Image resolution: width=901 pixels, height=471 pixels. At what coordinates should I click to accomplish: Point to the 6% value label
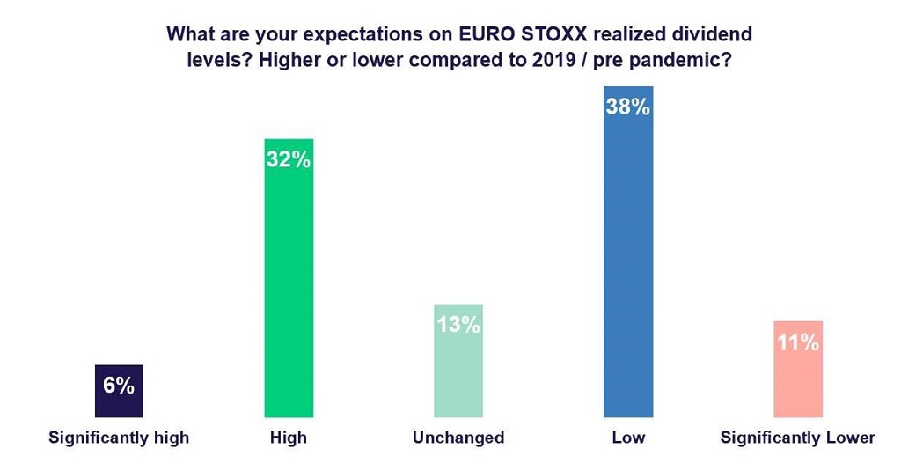click(118, 385)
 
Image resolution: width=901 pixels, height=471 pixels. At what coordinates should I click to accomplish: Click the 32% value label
click(289, 161)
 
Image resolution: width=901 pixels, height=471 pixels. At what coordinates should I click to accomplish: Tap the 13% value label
click(458, 324)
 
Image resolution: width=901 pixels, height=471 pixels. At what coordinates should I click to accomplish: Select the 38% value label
click(628, 108)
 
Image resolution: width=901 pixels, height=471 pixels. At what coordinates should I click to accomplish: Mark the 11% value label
click(798, 342)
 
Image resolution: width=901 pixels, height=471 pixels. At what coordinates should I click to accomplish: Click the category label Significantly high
click(119, 438)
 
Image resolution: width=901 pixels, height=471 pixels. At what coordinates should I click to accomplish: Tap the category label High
click(289, 438)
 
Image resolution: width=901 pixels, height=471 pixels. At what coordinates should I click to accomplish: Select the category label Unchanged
click(458, 438)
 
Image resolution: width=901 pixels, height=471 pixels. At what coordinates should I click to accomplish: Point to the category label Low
click(628, 438)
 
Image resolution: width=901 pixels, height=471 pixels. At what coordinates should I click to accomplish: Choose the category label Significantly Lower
click(798, 438)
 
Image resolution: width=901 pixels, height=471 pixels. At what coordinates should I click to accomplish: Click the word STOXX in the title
click(549, 35)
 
